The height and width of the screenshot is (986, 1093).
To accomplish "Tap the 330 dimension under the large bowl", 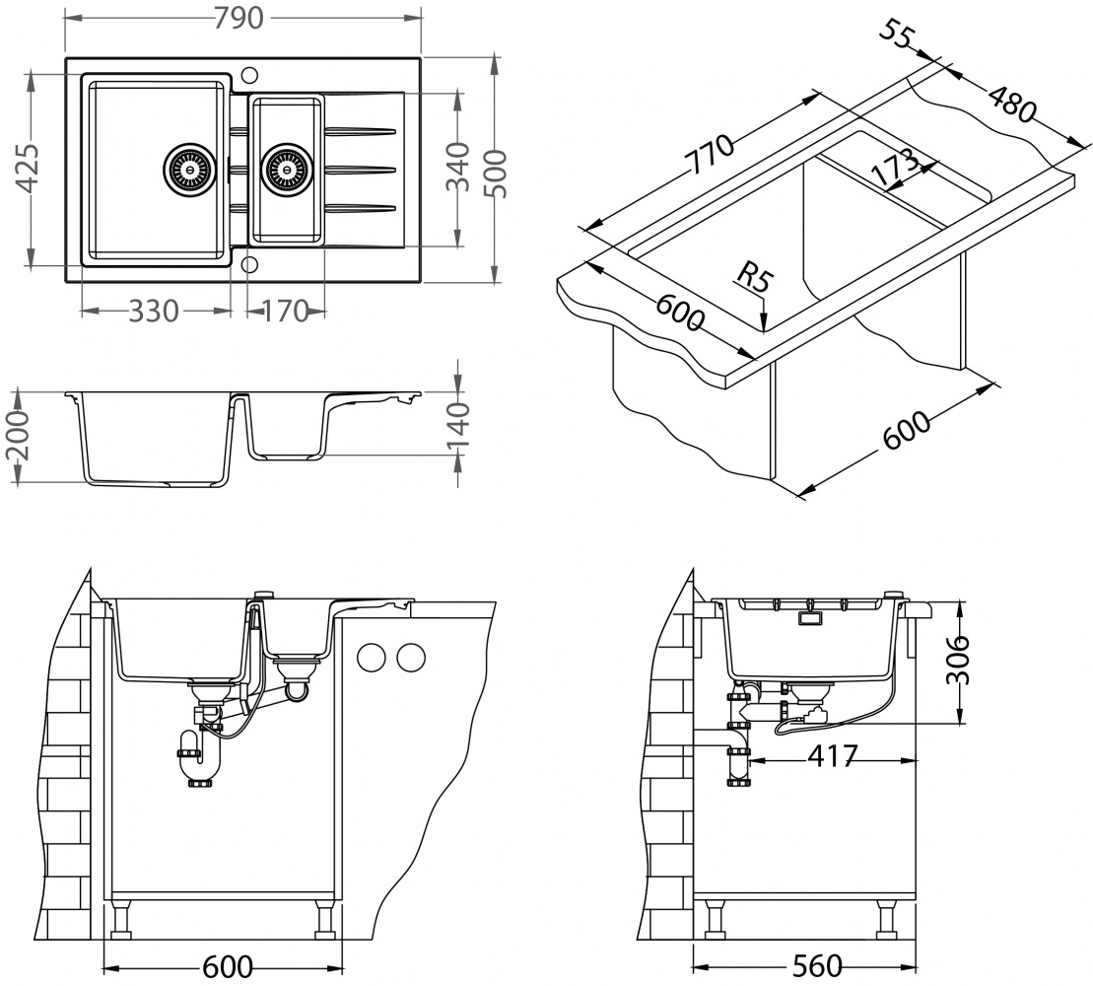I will (154, 312).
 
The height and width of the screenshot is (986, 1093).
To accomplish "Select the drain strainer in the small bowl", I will (287, 168).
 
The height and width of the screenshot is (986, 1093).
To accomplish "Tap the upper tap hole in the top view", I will (248, 75).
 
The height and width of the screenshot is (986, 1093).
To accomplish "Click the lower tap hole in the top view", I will (248, 263).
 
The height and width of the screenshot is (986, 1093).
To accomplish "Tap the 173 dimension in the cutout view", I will (895, 165).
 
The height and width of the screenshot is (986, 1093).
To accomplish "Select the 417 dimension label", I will (833, 756).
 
